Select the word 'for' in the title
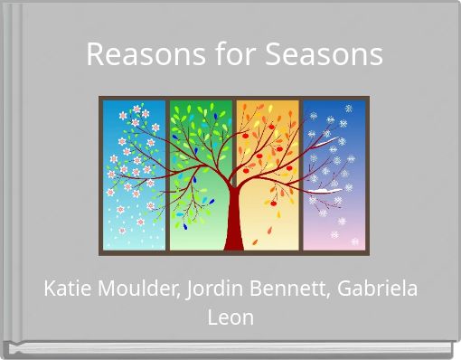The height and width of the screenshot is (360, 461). click(234, 54)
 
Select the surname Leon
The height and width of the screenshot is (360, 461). click(230, 317)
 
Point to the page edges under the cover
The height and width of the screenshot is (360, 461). click(230, 347)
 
